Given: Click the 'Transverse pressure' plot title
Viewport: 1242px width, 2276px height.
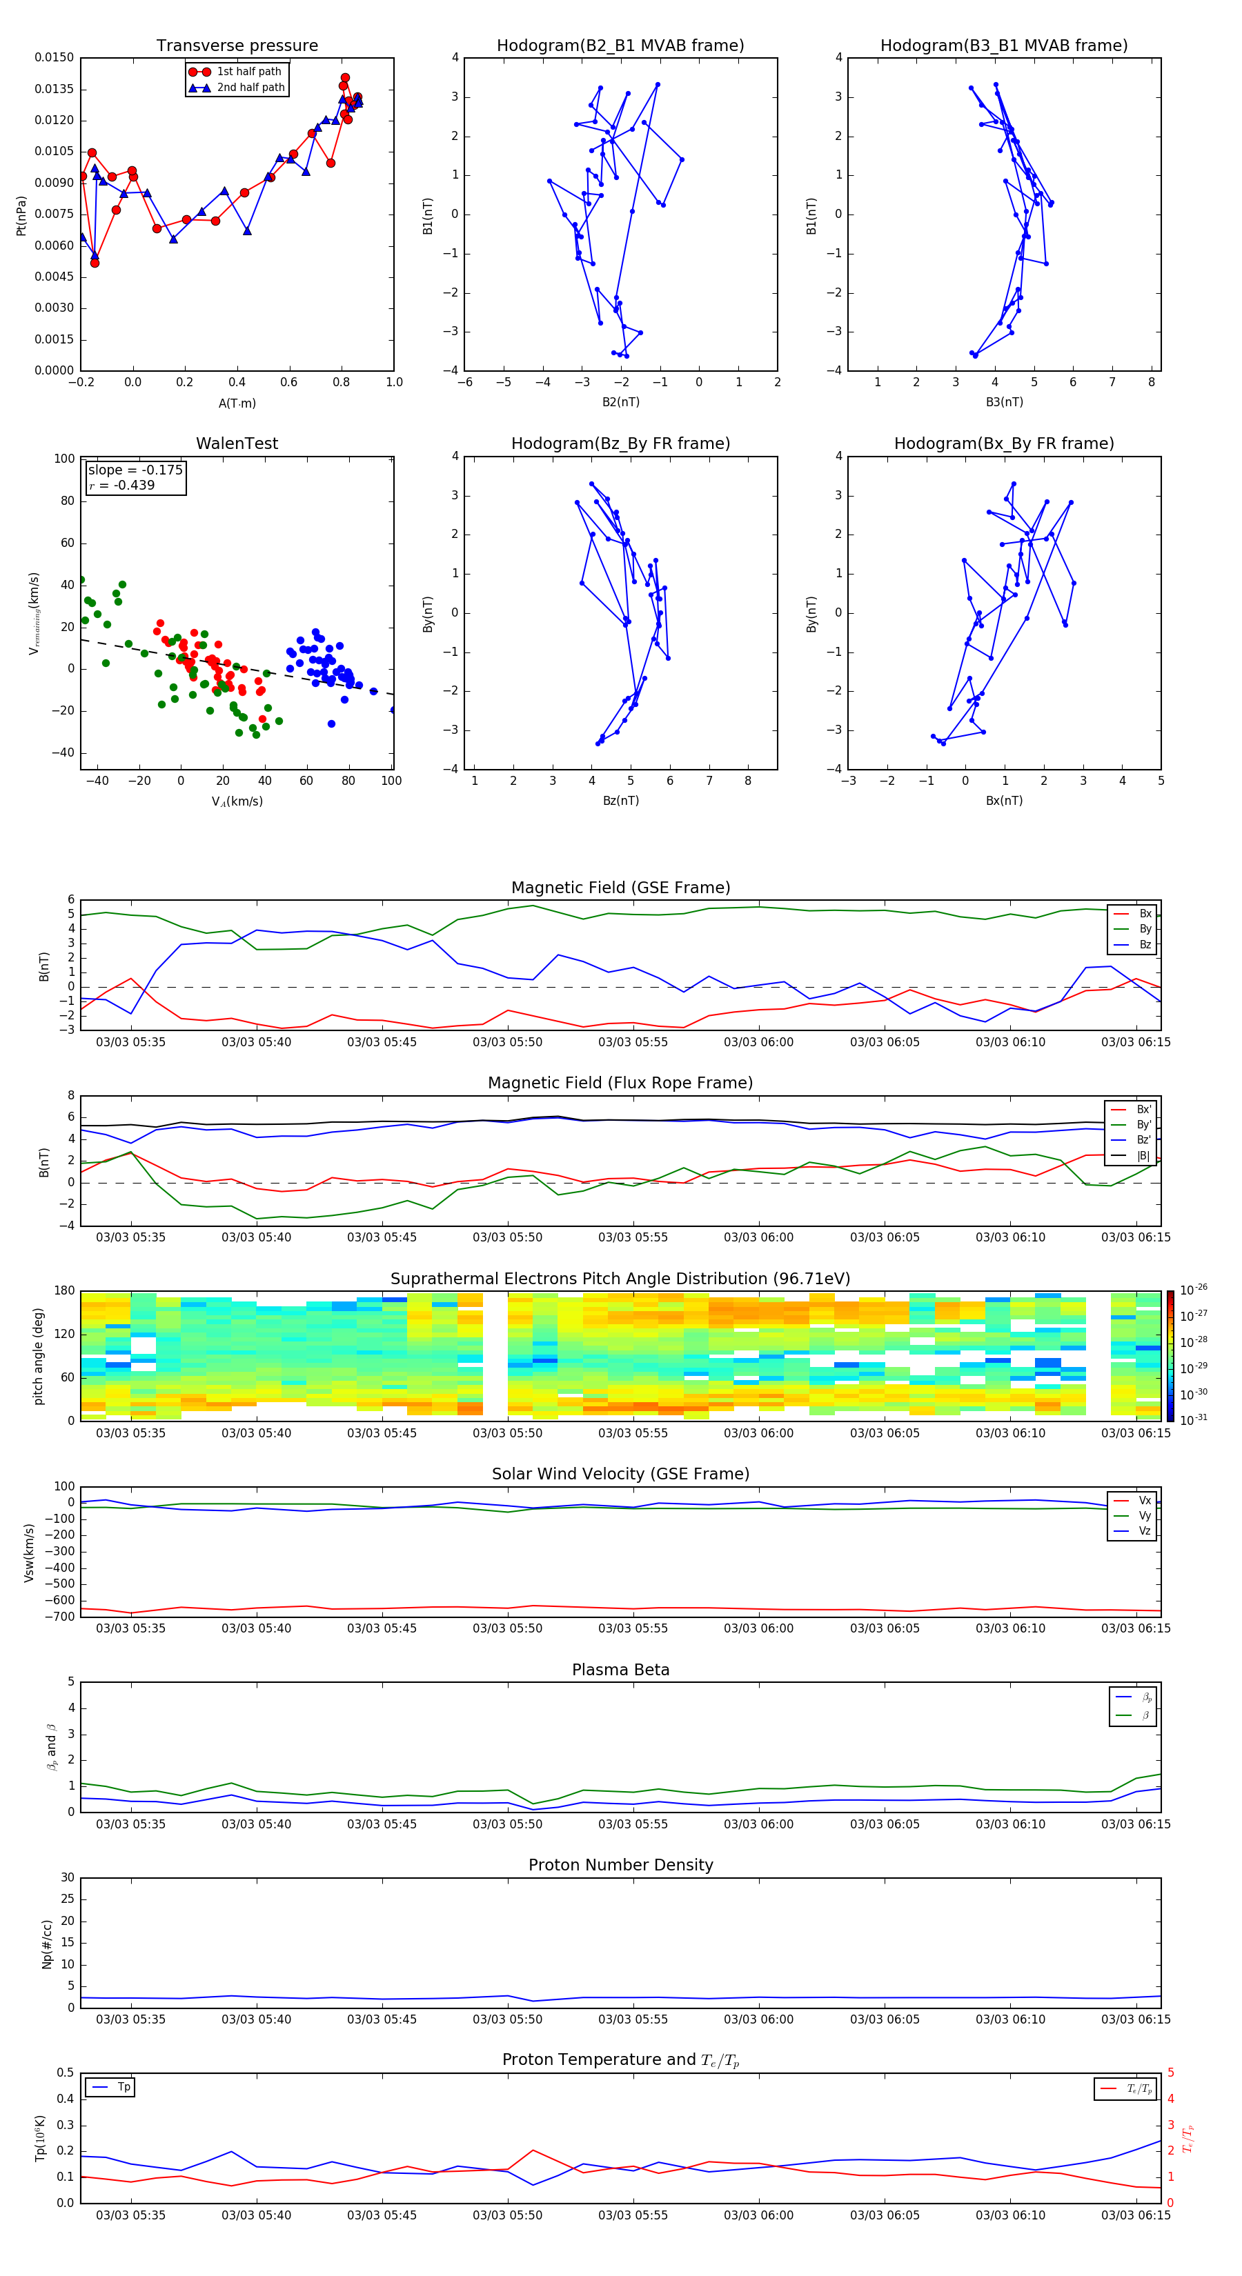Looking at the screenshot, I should click(237, 46).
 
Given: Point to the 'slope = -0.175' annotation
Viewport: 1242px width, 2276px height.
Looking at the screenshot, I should click(135, 470).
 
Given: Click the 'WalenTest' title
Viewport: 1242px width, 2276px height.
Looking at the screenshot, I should click(237, 443).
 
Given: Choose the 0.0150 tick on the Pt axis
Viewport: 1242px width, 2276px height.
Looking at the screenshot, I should click(54, 57).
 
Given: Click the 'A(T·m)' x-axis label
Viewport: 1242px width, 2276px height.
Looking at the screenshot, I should click(237, 403).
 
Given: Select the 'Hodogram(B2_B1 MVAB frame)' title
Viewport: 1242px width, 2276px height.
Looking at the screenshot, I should click(620, 46).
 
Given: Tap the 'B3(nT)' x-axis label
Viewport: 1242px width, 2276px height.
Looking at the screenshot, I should click(1004, 402).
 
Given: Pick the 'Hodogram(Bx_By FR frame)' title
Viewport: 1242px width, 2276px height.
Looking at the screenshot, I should click(1003, 443).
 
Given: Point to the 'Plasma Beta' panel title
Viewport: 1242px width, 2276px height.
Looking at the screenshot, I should click(620, 1670).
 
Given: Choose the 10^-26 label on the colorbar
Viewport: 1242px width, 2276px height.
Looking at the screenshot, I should click(1192, 1289).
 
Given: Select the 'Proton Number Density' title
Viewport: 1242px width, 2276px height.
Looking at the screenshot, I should click(620, 1865).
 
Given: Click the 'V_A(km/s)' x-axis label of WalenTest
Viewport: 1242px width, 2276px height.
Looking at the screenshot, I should click(237, 801).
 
